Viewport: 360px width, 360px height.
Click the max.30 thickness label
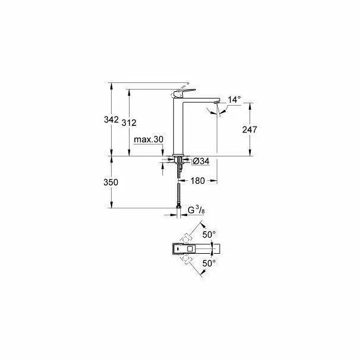tap(149, 139)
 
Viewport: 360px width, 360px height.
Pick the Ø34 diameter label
tap(201, 161)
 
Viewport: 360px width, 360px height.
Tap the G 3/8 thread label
tap(196, 210)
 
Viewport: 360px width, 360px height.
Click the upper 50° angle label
tap(210, 235)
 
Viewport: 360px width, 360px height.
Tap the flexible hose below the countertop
tap(179, 191)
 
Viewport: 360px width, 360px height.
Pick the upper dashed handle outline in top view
tap(187, 236)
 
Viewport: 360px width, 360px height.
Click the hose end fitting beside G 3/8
tap(179, 210)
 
